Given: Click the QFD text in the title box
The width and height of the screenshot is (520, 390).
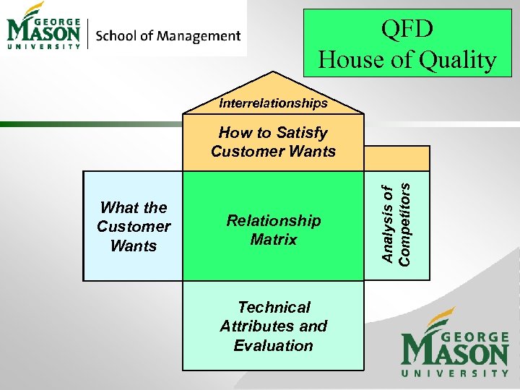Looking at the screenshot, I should pos(407,30).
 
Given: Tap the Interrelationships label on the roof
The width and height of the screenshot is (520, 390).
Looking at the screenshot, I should pos(273,103).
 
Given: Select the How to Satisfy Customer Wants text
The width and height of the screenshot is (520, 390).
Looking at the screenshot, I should pos(273,142).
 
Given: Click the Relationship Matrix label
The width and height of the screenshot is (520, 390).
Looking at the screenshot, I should pos(273,230).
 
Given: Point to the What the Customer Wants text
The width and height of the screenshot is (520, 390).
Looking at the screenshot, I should pos(134,227).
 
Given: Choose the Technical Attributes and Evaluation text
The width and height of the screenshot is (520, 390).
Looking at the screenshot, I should pos(273,326).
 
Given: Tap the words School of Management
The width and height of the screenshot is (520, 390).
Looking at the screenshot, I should pos(168,35).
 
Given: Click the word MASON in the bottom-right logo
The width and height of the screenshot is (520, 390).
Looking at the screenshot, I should pos(455,352).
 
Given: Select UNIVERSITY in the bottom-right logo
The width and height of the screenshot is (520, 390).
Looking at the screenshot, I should pos(455,373).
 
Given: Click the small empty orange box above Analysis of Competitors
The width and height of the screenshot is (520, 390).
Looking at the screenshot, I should pos(396,158).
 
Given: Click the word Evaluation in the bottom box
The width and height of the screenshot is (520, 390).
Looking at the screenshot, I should pos(273,345).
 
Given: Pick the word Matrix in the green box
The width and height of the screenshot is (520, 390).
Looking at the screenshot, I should pos(273,239).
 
